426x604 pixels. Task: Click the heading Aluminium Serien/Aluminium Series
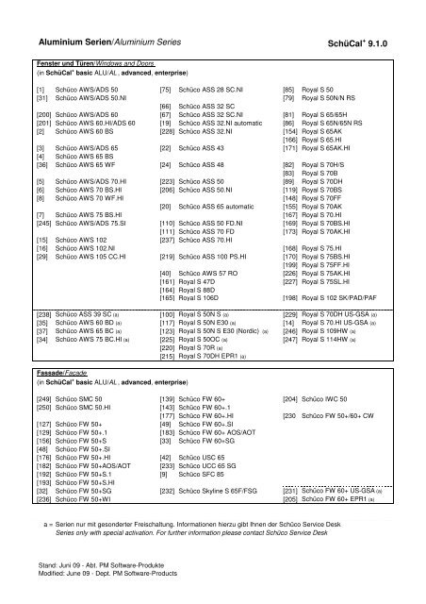(x=110, y=43)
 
